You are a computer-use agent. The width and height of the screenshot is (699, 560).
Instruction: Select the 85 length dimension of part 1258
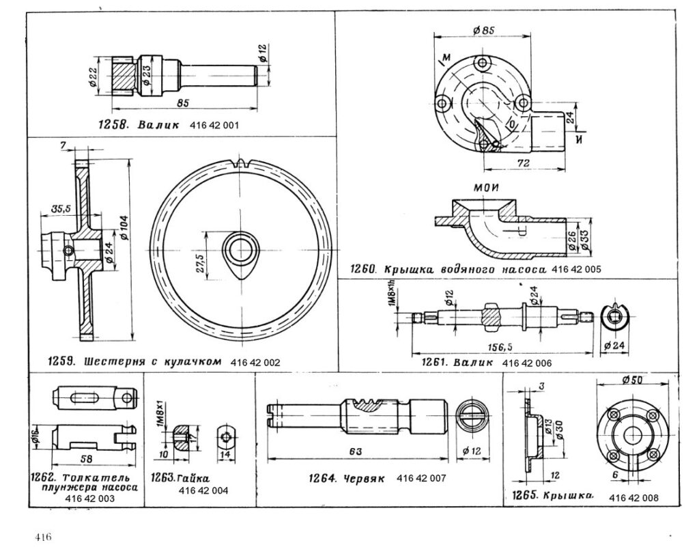[x=182, y=102]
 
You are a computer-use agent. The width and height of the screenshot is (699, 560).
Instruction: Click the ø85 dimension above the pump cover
[x=483, y=29]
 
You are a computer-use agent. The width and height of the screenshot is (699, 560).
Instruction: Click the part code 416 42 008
[x=634, y=497]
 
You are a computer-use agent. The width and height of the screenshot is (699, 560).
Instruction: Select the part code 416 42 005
[x=577, y=269]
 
